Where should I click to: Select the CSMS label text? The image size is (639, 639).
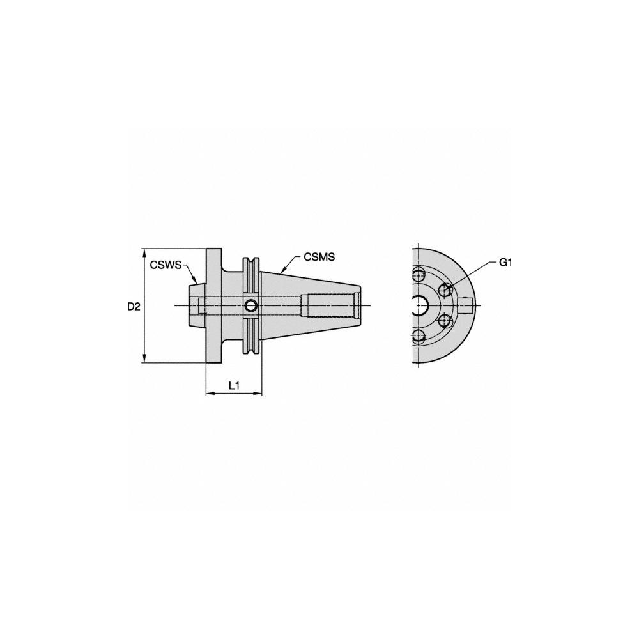(319, 257)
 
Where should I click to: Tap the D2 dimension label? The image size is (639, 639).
(133, 307)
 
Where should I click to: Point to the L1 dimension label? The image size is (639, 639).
(234, 385)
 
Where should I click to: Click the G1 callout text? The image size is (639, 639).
(505, 263)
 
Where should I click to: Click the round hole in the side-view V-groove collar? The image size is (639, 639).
(251, 306)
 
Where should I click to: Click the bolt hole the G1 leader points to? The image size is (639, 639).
(445, 291)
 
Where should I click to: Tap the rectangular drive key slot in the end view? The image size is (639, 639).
(467, 306)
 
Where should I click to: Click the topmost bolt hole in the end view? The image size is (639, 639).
(419, 275)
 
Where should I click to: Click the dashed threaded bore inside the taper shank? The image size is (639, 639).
(332, 305)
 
